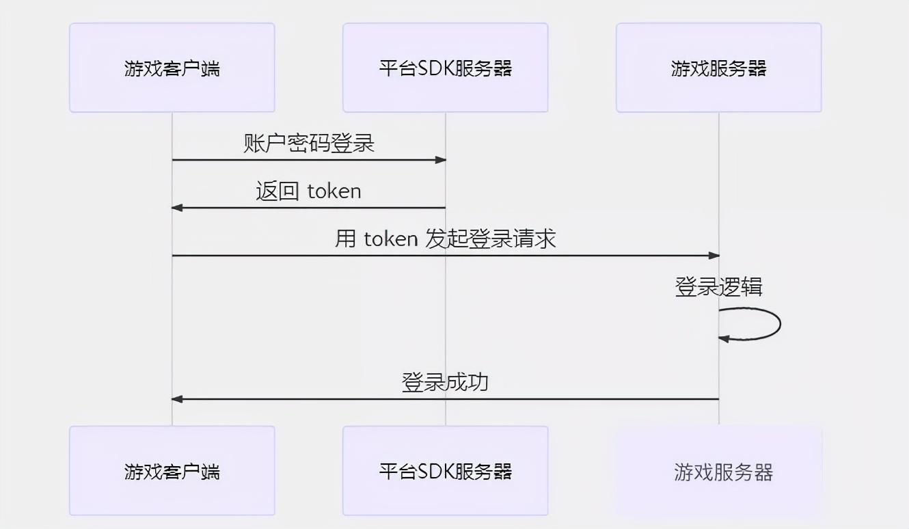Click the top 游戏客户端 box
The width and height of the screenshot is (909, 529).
tap(172, 68)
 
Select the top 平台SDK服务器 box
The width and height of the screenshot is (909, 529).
tap(445, 68)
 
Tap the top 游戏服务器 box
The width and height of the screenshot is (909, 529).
tap(719, 68)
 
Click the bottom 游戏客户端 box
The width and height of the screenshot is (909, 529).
tap(172, 471)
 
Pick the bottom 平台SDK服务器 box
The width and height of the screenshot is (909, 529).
tap(445, 471)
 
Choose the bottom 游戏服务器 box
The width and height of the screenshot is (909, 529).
tap(719, 471)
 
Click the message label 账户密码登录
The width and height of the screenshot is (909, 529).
tap(309, 144)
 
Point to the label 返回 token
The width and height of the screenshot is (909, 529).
tap(308, 191)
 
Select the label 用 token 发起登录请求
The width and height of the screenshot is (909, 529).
tap(445, 239)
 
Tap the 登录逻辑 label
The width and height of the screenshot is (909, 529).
tap(719, 287)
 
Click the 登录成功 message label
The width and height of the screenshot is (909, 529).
tap(445, 383)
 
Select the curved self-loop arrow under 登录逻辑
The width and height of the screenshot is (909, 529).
tap(780, 324)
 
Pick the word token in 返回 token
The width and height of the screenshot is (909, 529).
tap(334, 191)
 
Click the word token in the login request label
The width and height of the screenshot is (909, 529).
tap(391, 239)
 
